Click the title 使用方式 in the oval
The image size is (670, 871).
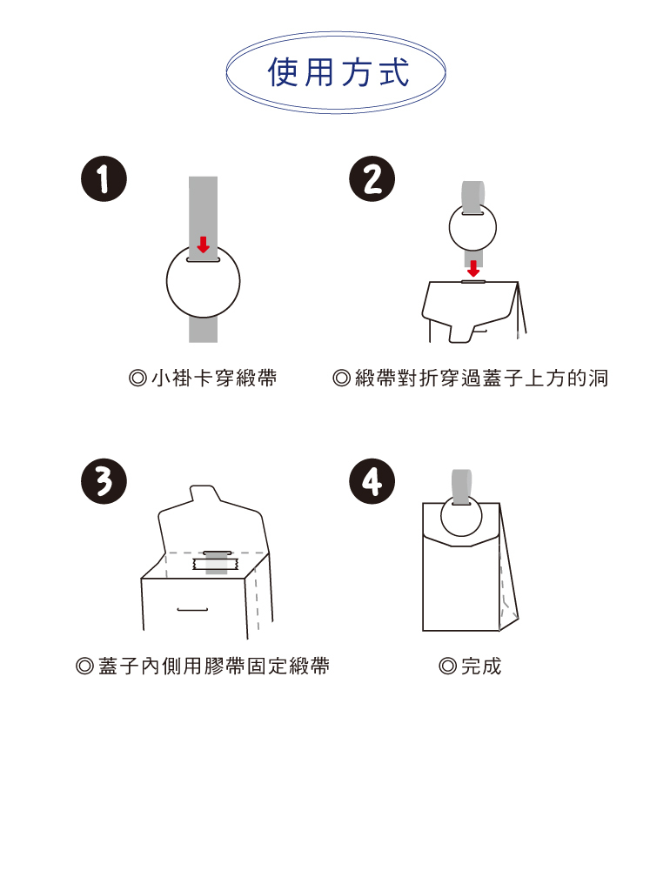click(337, 73)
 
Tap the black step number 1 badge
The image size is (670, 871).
click(104, 180)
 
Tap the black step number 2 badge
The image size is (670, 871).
click(372, 180)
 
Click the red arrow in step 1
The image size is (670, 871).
click(203, 244)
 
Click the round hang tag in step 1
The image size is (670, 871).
click(203, 283)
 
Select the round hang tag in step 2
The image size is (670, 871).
click(472, 227)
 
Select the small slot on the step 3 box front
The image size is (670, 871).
click(192, 609)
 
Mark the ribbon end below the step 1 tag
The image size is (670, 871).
click(203, 330)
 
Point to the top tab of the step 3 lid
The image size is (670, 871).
click(202, 493)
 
